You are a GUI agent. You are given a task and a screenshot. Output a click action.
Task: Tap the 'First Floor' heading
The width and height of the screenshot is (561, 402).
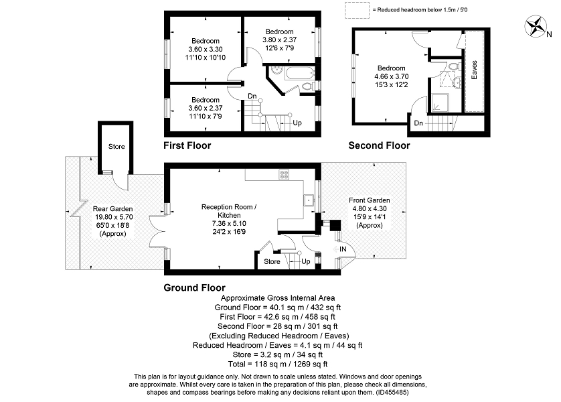click(187, 145)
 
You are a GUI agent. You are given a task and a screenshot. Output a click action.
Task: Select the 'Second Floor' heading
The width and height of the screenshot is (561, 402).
click(379, 145)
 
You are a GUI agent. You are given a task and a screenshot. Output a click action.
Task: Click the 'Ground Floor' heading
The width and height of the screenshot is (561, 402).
click(195, 287)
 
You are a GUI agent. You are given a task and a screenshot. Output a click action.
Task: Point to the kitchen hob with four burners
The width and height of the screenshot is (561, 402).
click(284, 176)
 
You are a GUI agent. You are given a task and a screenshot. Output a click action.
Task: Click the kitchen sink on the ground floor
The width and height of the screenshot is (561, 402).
click(309, 200)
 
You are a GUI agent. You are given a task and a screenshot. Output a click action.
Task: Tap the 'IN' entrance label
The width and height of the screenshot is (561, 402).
click(343, 249)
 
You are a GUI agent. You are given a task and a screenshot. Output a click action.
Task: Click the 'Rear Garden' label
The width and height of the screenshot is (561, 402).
click(113, 209)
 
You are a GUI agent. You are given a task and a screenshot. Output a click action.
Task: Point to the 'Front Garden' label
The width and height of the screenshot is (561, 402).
click(369, 200)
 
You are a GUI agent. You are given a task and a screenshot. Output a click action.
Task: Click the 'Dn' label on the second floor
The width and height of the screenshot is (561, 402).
click(418, 123)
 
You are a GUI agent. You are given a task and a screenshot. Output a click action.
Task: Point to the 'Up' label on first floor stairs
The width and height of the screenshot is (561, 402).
click(297, 123)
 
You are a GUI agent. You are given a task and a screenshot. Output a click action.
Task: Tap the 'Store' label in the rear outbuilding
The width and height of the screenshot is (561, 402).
click(116, 146)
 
